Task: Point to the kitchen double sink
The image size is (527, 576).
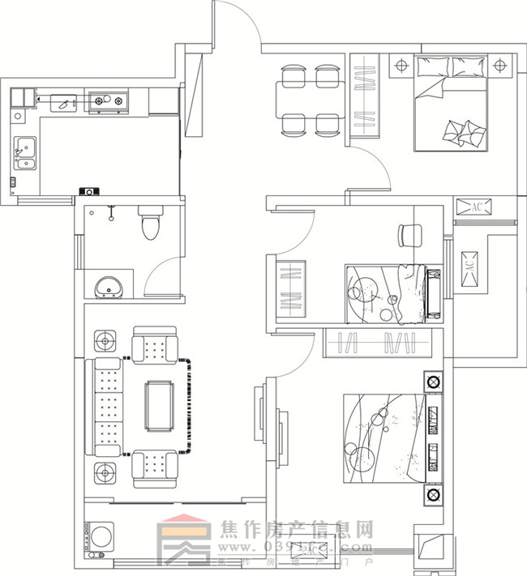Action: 24,153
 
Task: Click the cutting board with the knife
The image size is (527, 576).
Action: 62,102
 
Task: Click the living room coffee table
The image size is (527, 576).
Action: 160,405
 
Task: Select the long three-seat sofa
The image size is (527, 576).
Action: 105,408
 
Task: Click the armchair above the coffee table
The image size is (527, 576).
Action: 154,346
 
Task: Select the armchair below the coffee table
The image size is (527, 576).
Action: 154,467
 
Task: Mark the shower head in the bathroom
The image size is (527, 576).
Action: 110,212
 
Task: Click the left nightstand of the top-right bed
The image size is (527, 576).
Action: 401,65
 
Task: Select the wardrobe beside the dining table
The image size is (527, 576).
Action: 365,96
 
